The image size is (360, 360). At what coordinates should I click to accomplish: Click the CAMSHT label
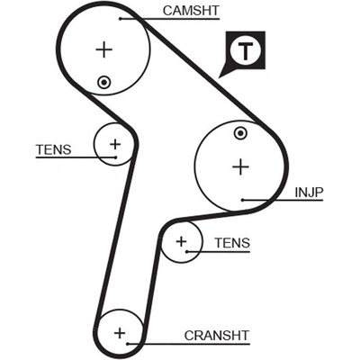pyautogui.click(x=191, y=11)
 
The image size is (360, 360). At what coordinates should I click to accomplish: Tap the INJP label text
pyautogui.click(x=309, y=193)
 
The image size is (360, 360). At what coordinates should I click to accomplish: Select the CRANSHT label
pyautogui.click(x=217, y=336)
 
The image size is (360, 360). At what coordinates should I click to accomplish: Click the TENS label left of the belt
pyautogui.click(x=54, y=149)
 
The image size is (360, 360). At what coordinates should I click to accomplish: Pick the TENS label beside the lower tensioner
pyautogui.click(x=232, y=243)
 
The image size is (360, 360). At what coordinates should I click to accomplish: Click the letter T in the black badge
pyautogui.click(x=246, y=50)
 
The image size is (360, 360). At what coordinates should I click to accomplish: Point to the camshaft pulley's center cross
pyautogui.click(x=104, y=49)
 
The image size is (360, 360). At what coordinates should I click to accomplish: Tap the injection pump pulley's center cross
pyautogui.click(x=240, y=166)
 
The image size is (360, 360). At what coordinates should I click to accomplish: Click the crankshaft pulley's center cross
pyautogui.click(x=120, y=333)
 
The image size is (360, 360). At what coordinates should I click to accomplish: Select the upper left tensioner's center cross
pyautogui.click(x=115, y=144)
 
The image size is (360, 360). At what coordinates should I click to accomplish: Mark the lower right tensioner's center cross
pyautogui.click(x=181, y=241)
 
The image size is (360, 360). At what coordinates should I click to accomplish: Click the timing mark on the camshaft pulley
pyautogui.click(x=104, y=82)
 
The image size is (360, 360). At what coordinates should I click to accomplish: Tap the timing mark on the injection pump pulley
pyautogui.click(x=240, y=133)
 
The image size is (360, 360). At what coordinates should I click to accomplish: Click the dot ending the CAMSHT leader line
pyautogui.click(x=120, y=19)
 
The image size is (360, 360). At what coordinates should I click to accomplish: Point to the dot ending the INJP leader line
pyautogui.click(x=243, y=200)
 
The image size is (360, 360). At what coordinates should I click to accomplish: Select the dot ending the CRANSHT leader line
pyautogui.click(x=128, y=344)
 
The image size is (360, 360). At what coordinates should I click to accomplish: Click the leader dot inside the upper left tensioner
pyautogui.click(x=115, y=157)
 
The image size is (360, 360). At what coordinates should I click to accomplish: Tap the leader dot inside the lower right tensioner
pyautogui.click(x=186, y=251)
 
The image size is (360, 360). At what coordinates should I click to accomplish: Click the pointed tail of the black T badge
pyautogui.click(x=220, y=77)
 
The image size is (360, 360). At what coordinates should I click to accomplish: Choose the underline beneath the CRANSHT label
pyautogui.click(x=188, y=344)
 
